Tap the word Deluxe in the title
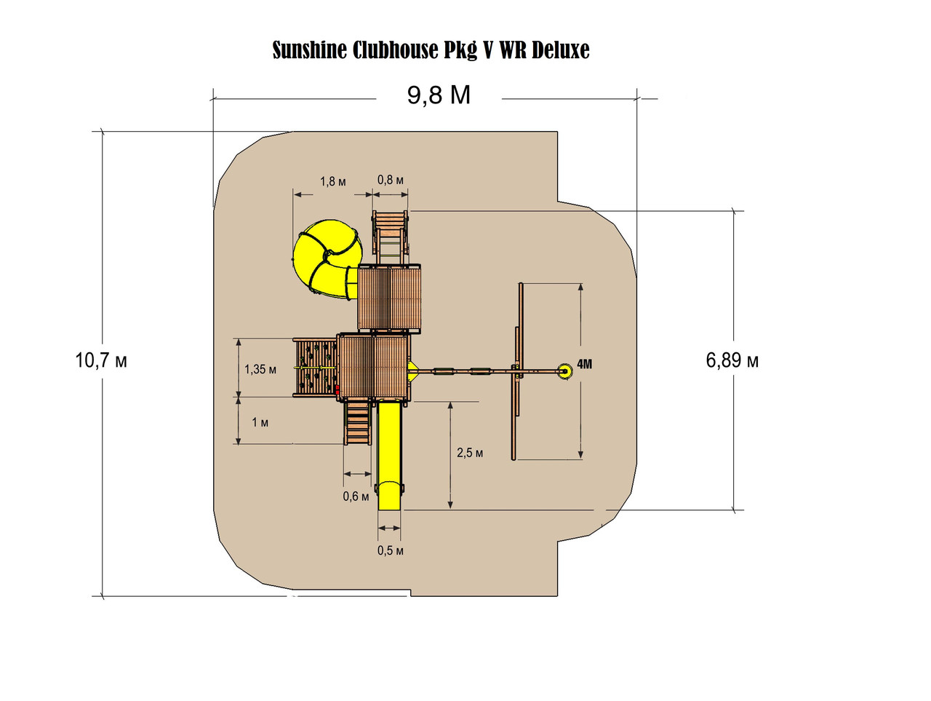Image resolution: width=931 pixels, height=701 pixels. tap(560, 50)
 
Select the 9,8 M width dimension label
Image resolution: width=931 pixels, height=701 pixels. tap(439, 95)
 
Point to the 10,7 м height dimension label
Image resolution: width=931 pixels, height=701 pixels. tap(101, 360)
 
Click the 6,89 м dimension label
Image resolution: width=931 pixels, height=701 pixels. tap(732, 360)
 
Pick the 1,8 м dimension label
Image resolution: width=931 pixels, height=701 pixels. tap(333, 181)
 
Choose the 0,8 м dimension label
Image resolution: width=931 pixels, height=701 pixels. tap(390, 180)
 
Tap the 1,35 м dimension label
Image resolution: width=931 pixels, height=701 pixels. tap(260, 369)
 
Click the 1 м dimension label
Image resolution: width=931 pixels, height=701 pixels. tap(260, 422)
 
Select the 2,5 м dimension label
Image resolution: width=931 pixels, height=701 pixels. tap(470, 453)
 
